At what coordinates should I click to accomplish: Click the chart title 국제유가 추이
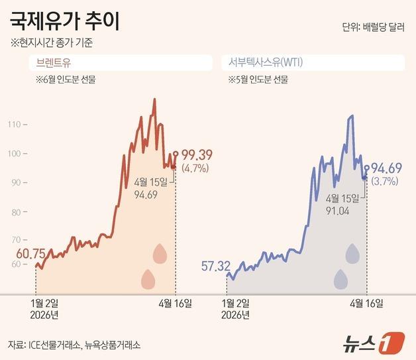coord(65,22)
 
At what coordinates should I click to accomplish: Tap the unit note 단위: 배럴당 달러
coord(373,28)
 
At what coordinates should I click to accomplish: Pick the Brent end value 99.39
coord(196,155)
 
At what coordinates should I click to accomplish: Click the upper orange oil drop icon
coord(160,253)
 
